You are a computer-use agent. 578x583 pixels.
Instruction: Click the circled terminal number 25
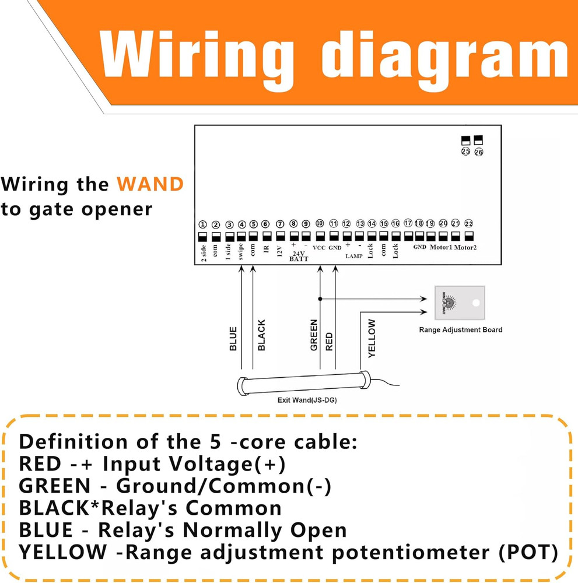click(x=465, y=152)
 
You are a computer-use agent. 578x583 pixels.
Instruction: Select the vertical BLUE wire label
click(x=233, y=339)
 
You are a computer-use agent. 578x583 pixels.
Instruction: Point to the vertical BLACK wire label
click(x=261, y=335)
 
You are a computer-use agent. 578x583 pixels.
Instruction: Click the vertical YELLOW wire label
click(x=372, y=338)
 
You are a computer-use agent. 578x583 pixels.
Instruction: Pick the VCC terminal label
click(x=319, y=248)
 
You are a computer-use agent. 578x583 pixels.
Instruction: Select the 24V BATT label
click(x=299, y=256)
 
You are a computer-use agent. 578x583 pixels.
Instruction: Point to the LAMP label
click(x=353, y=256)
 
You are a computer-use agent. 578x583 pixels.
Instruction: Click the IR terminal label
click(x=266, y=249)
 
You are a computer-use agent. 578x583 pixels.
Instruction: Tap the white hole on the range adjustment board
click(x=476, y=304)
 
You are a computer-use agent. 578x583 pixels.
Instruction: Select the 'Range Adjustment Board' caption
click(x=460, y=329)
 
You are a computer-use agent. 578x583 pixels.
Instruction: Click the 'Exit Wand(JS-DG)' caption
click(x=307, y=401)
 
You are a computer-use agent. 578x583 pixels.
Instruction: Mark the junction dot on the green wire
click(x=320, y=298)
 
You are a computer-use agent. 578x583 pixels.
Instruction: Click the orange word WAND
click(x=150, y=185)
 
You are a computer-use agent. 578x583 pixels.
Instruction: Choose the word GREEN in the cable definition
click(x=54, y=485)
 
